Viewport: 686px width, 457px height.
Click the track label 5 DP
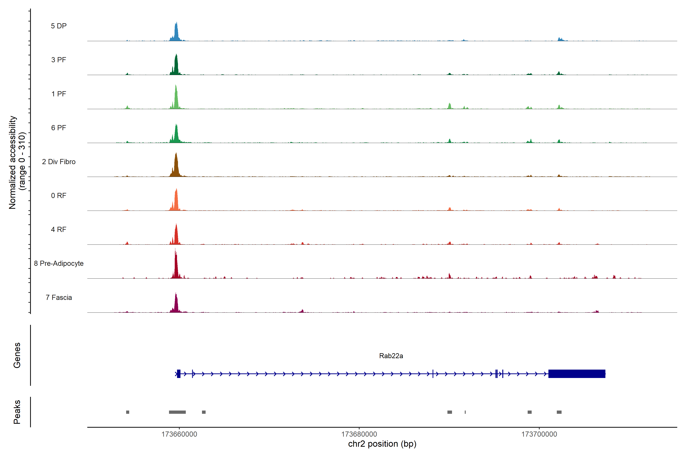[59, 26]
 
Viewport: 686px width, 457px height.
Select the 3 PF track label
[59, 60]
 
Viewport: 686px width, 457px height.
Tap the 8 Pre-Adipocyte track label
[59, 264]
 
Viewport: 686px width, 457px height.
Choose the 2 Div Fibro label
[59, 162]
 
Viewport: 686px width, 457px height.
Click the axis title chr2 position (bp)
[382, 444]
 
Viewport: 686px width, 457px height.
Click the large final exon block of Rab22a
[577, 374]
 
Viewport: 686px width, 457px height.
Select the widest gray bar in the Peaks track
[177, 412]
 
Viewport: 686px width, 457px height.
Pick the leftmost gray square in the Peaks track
[127, 412]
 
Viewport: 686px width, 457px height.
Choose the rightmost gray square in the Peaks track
[559, 412]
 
